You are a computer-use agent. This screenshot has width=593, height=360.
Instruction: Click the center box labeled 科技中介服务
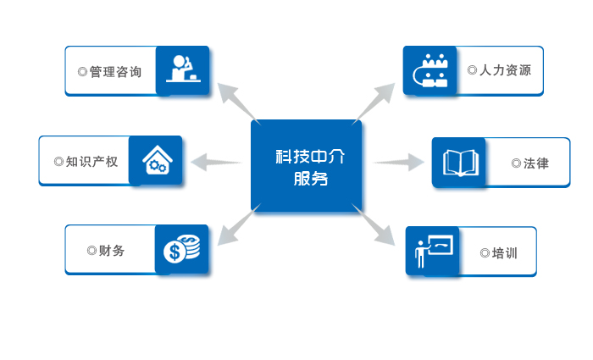click(306, 166)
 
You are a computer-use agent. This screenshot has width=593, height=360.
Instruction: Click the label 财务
click(110, 251)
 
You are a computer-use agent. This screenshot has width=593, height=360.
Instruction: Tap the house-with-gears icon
click(156, 160)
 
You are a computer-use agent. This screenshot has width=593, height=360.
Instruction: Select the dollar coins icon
click(182, 250)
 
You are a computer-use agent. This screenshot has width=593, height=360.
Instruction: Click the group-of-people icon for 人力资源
click(431, 70)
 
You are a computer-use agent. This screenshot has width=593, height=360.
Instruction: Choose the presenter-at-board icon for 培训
click(433, 252)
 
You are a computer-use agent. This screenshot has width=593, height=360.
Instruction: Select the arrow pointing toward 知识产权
click(216, 160)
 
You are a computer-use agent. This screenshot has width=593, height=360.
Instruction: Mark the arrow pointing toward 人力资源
click(375, 100)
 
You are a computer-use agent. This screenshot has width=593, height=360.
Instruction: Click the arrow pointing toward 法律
click(398, 161)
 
